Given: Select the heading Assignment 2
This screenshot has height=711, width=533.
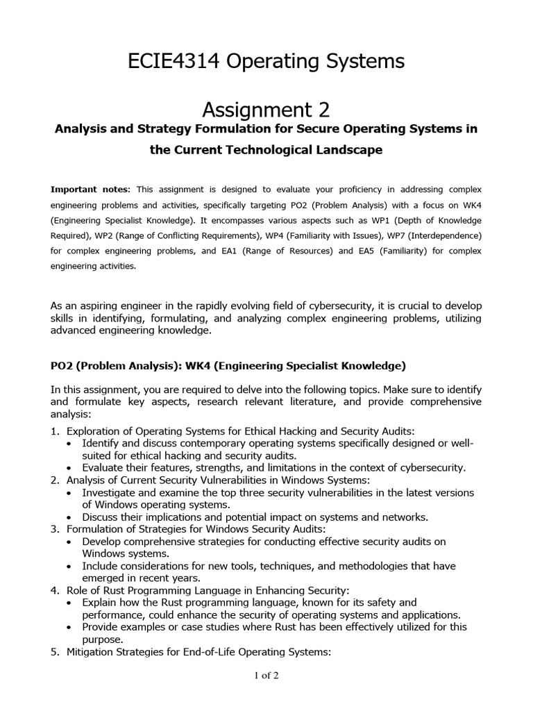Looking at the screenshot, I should (266, 109).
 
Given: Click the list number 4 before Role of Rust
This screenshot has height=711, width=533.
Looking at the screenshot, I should (55, 590).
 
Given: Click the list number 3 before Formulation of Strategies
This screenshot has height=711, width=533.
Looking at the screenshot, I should (55, 529).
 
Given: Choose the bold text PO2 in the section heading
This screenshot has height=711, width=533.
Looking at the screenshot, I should (64, 365).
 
